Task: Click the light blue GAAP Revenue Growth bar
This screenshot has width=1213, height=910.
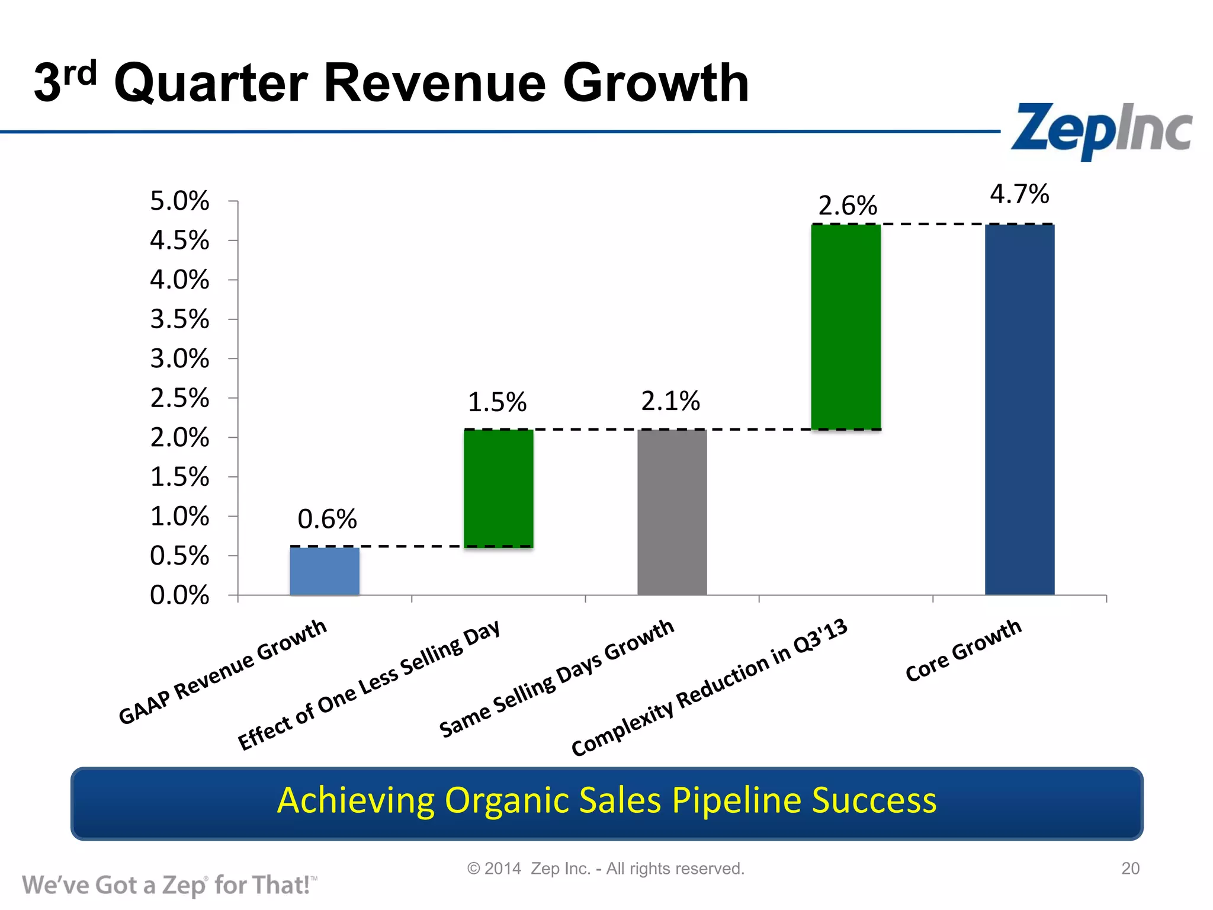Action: coord(324,571)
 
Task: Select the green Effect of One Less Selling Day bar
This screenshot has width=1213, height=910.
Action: coord(498,488)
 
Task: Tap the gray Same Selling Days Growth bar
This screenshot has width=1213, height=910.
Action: coord(672,512)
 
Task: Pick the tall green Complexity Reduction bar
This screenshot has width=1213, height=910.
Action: coord(845,327)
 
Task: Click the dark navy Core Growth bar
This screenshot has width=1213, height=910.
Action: coord(1019,409)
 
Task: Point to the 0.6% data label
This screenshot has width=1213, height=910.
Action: coord(327,520)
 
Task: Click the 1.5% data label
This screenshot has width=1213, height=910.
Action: coord(497,403)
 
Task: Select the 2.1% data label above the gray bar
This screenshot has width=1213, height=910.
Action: coord(670,402)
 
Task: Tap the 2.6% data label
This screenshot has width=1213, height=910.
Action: coord(848,206)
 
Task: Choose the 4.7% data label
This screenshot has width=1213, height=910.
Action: coord(1019,194)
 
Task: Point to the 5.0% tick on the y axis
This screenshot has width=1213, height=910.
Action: coord(179,201)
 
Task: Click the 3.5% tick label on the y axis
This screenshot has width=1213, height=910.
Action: coord(179,319)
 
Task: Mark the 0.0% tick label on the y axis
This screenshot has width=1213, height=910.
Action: coord(179,595)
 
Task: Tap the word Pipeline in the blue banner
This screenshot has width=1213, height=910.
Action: coord(737,800)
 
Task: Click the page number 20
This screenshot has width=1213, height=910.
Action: coord(1130,869)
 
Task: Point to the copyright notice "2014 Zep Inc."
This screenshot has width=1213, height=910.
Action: coord(605,869)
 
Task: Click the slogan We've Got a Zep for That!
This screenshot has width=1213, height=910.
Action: coord(169,885)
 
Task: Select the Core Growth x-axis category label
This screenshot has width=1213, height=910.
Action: coord(964,651)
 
